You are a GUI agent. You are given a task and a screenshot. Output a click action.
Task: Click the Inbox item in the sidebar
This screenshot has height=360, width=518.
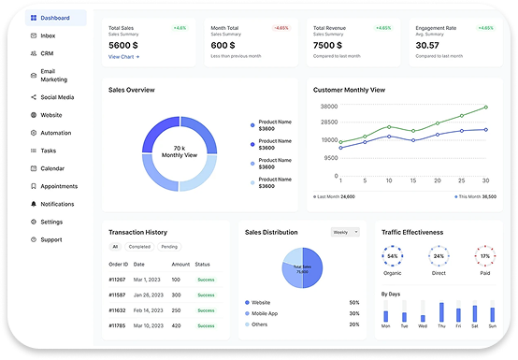[x=47, y=36]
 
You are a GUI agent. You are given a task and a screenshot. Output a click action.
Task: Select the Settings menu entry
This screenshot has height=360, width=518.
[x=51, y=222]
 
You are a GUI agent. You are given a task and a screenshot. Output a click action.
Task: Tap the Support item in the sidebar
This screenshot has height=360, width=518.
[x=50, y=239]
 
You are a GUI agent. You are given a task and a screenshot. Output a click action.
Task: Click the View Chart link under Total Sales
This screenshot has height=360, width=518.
[x=123, y=57]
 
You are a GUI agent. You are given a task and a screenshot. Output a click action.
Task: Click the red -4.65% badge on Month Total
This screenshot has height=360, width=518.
[x=280, y=28]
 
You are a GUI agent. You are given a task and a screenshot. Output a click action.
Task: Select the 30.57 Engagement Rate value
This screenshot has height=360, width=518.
[x=427, y=44]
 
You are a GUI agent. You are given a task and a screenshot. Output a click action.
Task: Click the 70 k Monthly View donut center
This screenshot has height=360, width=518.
[x=179, y=152]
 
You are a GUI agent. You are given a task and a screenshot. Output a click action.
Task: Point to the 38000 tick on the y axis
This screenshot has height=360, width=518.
[x=327, y=107]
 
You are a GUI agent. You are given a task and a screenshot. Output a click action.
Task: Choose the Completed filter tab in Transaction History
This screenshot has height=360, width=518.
[x=139, y=247]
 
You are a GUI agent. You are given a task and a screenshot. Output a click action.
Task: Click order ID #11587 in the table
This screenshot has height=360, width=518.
[x=117, y=295]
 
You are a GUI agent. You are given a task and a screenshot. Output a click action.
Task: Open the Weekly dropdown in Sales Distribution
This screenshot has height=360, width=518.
[x=344, y=231]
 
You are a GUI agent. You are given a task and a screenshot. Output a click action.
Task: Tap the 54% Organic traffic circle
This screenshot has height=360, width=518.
[x=393, y=255]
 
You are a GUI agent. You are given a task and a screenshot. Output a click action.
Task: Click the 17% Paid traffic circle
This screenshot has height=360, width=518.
[x=484, y=255]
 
